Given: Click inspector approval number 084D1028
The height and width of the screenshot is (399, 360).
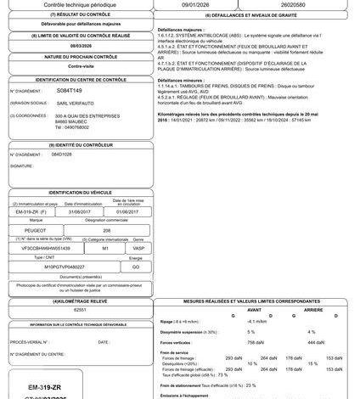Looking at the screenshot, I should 62,155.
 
